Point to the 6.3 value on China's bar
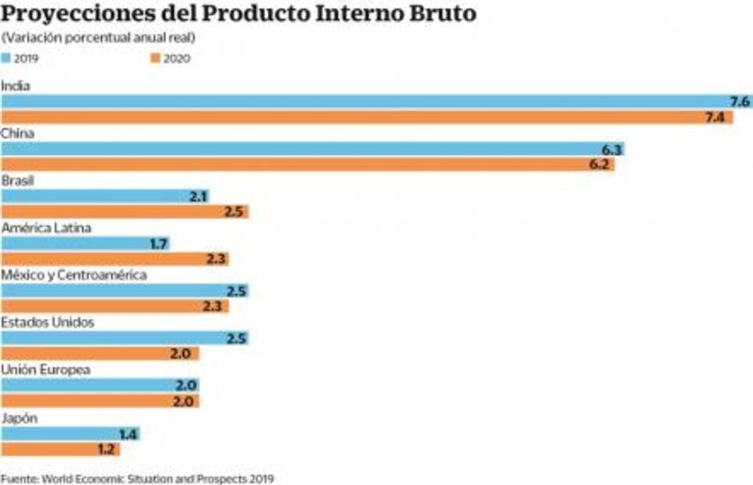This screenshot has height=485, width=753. [x=611, y=149]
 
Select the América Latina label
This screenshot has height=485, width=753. [x=46, y=228]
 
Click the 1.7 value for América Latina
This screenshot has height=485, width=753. [x=157, y=244]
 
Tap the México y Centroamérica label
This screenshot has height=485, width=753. [x=74, y=275]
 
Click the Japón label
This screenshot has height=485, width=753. [x=19, y=417]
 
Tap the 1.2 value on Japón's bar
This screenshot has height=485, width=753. [x=107, y=449]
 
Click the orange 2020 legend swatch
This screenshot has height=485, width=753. [x=156, y=57]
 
